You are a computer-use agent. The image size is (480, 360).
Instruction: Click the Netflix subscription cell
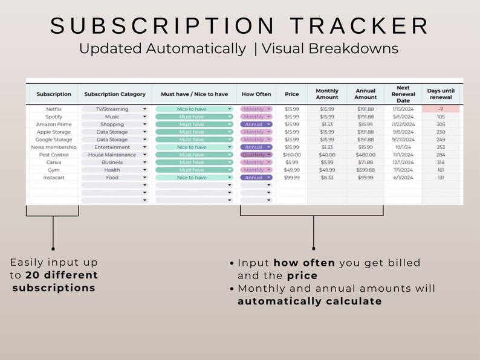click(54, 109)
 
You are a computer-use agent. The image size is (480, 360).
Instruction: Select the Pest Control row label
click(54, 155)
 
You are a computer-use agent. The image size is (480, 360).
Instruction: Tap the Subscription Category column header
click(115, 94)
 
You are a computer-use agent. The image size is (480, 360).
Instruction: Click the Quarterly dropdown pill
click(256, 155)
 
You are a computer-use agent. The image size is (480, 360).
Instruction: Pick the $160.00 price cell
click(292, 155)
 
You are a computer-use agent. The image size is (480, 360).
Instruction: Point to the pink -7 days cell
click(441, 109)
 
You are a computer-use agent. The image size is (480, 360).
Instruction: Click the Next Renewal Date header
click(403, 94)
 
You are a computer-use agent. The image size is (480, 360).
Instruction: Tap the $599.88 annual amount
click(365, 170)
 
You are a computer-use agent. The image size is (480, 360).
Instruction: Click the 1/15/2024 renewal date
click(403, 109)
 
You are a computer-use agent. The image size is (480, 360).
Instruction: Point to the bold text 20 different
click(62, 275)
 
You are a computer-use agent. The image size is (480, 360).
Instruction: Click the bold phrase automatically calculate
click(310, 301)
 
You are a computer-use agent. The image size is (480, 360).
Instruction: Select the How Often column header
click(256, 94)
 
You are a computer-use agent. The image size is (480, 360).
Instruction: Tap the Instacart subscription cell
click(54, 178)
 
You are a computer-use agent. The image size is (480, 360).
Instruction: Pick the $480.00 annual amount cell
click(365, 155)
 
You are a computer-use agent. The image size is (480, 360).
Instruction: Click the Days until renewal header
click(441, 94)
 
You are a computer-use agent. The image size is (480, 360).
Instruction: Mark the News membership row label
click(54, 147)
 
